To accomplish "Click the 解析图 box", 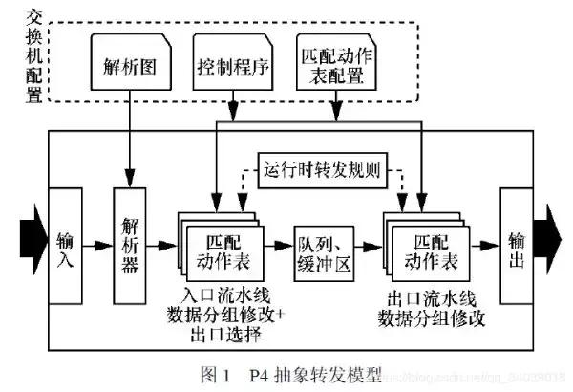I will [128, 69].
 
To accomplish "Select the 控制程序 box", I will [232, 69].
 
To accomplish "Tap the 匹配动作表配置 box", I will [336, 69].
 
